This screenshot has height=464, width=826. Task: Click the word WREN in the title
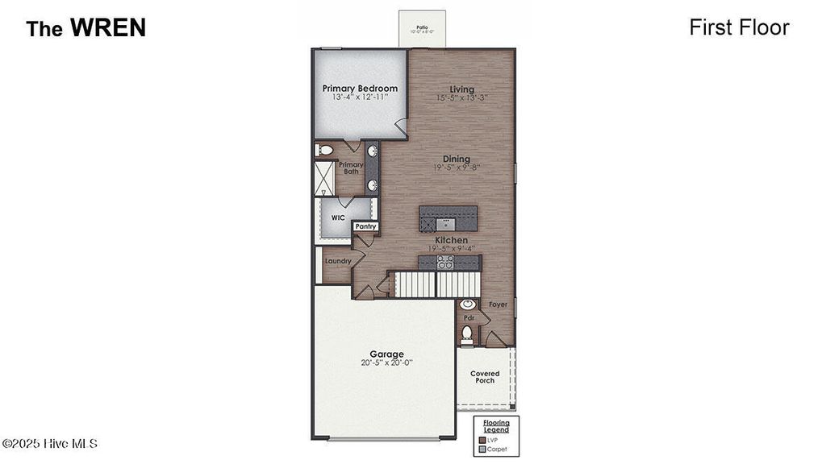coord(107,27)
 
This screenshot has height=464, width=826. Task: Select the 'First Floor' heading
coord(739,27)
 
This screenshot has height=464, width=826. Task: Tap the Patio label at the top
coord(421,27)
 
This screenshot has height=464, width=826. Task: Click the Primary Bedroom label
coord(360,89)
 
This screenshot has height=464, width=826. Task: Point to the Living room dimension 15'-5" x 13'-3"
coord(462,97)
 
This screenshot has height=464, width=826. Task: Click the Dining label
coord(456,159)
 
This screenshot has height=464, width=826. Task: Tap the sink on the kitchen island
coord(445,222)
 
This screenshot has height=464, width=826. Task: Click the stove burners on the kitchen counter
coord(445,262)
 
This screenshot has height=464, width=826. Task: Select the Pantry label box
coord(365,227)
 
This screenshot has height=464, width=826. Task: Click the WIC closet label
coord(338,217)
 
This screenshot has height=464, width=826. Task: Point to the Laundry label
coord(338,261)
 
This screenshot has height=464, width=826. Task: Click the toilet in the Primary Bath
coord(324,150)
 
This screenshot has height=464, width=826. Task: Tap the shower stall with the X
coord(324,178)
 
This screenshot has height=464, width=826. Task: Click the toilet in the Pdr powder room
coord(467,333)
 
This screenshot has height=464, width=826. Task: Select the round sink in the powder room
coord(467,305)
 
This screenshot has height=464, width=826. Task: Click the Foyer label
coord(499,305)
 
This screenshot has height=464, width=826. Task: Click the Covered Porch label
coord(485,377)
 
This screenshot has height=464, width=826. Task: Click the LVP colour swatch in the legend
coord(482,440)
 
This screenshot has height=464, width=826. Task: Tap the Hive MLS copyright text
coord(49,444)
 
